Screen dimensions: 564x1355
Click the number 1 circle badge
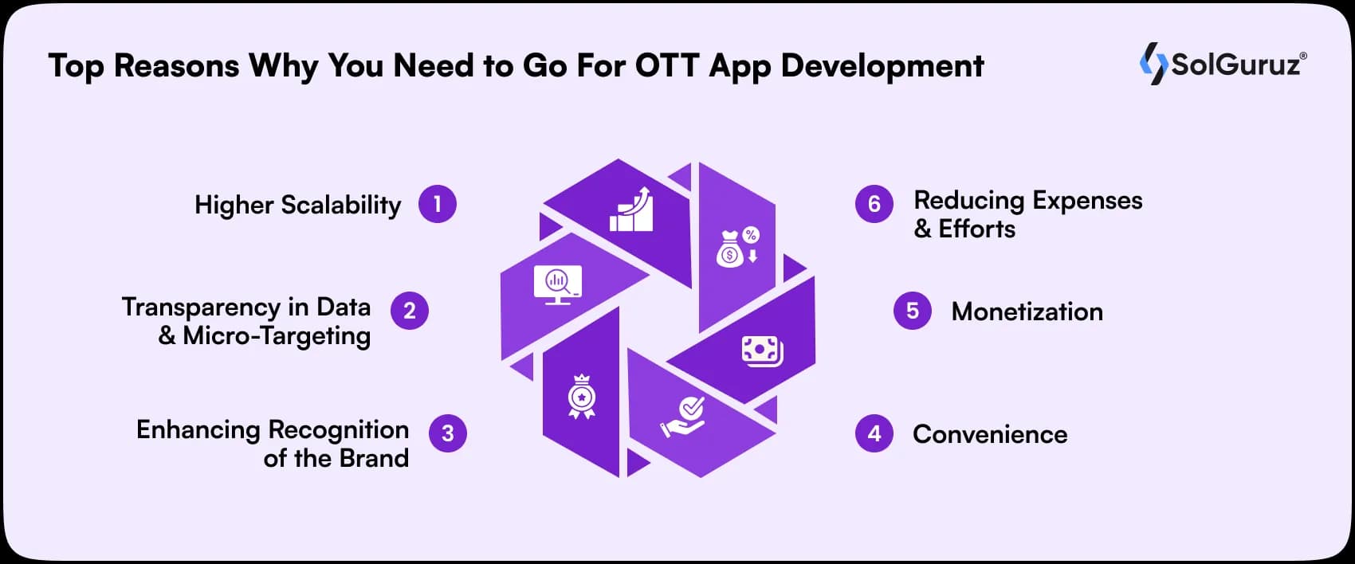(x=437, y=204)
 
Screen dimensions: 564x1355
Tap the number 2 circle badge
(x=410, y=311)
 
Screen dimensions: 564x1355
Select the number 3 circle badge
(x=448, y=433)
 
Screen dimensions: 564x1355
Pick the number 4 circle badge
(x=874, y=433)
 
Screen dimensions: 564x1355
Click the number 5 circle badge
(x=913, y=311)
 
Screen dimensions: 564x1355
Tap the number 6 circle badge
(x=874, y=204)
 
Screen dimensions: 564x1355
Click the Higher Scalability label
(x=297, y=206)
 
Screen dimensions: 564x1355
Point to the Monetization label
(x=1027, y=311)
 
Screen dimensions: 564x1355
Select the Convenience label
(x=989, y=434)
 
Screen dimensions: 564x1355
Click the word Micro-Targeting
(x=277, y=336)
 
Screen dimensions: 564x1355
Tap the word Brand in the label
(x=374, y=458)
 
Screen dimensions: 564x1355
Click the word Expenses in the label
(x=1086, y=201)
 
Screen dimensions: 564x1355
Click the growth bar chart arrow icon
(x=632, y=210)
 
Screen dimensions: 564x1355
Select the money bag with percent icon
(x=738, y=247)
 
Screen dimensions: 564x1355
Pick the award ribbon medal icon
(x=581, y=397)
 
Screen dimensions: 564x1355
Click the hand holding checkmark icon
(x=684, y=417)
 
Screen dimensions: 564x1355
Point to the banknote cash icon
(x=762, y=351)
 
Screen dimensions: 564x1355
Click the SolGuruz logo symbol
(x=1153, y=64)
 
